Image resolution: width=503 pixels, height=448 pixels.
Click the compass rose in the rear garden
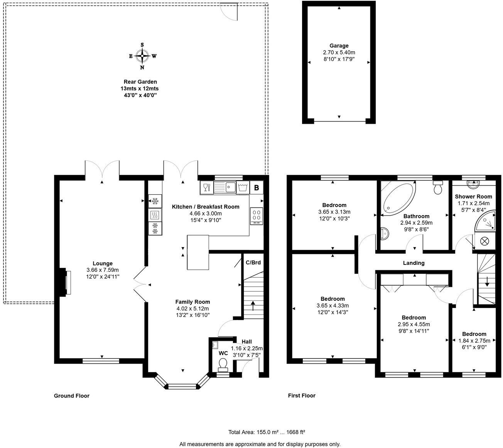click(142, 56)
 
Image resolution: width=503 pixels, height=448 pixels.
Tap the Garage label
click(339, 45)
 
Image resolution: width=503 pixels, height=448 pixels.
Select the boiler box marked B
click(256, 188)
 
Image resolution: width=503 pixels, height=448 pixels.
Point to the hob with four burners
click(256, 216)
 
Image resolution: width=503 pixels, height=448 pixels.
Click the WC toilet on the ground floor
click(223, 364)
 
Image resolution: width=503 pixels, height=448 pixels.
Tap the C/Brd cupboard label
click(253, 263)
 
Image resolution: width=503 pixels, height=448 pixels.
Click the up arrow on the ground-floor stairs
click(253, 306)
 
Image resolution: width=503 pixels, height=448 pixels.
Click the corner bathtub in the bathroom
click(396, 198)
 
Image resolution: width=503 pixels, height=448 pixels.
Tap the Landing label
click(414, 263)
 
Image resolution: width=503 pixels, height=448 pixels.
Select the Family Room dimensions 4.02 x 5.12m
click(192, 308)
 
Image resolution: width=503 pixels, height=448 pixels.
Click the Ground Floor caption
click(71, 396)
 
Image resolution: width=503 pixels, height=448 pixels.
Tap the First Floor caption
click(302, 396)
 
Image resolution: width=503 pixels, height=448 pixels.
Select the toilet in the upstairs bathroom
click(438, 187)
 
